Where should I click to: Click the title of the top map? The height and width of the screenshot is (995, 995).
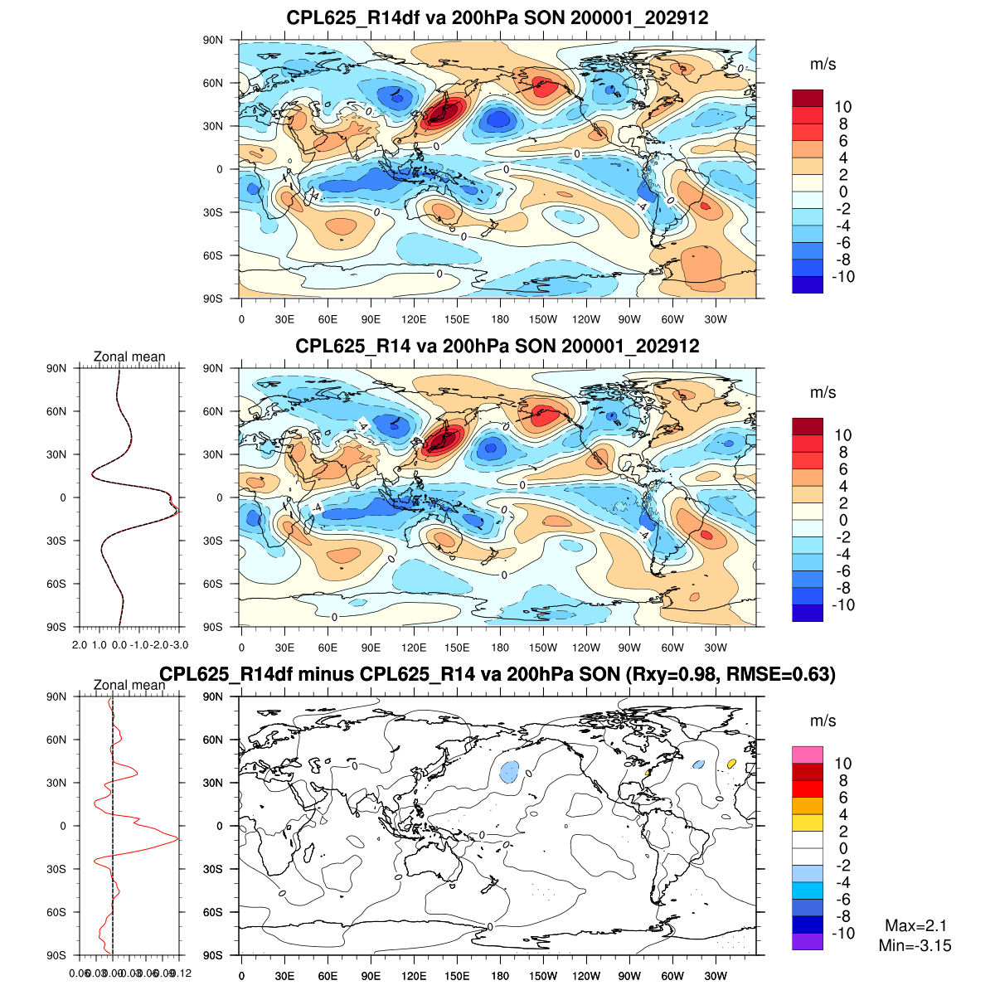click(498, 17)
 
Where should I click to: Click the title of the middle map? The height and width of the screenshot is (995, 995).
click(498, 346)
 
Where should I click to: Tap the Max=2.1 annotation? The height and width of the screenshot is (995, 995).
click(915, 926)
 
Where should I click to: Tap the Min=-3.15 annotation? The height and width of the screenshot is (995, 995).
click(915, 945)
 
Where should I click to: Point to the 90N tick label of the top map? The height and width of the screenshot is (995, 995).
click(213, 40)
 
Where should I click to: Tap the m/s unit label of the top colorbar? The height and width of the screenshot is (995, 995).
click(823, 65)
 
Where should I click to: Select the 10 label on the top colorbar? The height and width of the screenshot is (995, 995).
click(842, 107)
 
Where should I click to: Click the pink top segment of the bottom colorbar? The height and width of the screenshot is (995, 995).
click(808, 755)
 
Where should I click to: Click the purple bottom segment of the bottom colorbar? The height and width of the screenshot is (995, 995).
click(808, 942)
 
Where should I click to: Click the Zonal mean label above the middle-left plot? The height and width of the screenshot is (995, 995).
click(129, 357)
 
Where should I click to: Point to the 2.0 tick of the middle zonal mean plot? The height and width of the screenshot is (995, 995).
click(80, 644)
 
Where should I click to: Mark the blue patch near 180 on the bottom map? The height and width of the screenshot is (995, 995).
click(509, 772)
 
